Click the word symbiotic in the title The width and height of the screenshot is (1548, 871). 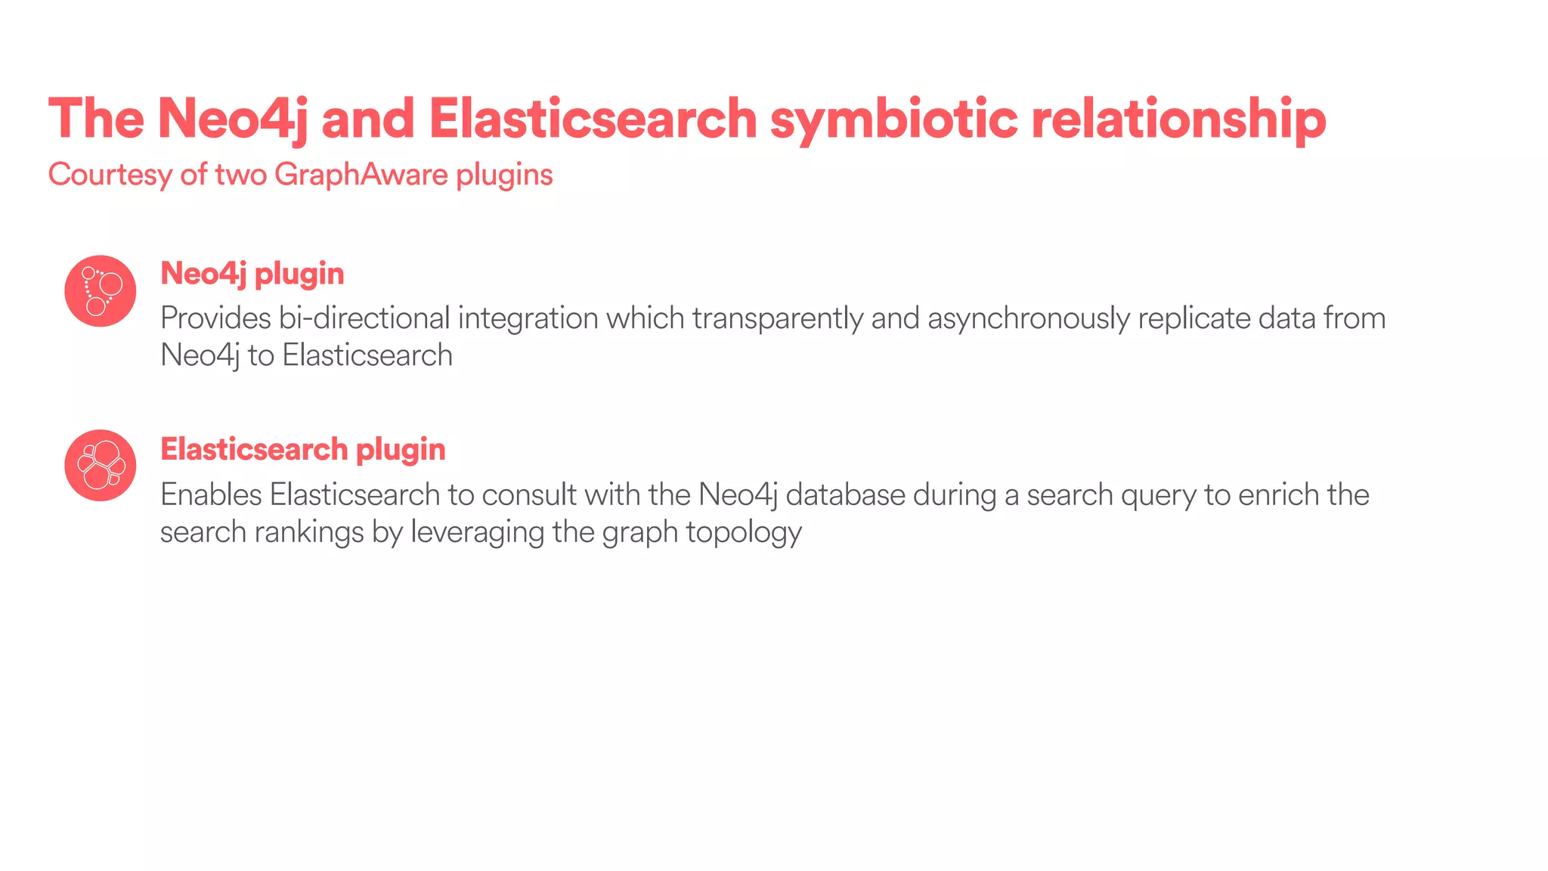[x=893, y=119]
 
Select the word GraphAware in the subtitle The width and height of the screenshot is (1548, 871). [x=361, y=175]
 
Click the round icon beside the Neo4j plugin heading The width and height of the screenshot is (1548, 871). [x=101, y=291]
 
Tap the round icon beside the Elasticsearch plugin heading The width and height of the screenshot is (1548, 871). [x=101, y=466]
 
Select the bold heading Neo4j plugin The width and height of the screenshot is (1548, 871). [x=252, y=274]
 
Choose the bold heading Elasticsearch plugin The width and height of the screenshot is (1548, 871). [x=303, y=449]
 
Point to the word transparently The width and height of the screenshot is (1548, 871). [x=777, y=318]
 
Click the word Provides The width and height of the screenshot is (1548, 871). [x=215, y=318]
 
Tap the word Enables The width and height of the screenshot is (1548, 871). [x=211, y=495]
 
